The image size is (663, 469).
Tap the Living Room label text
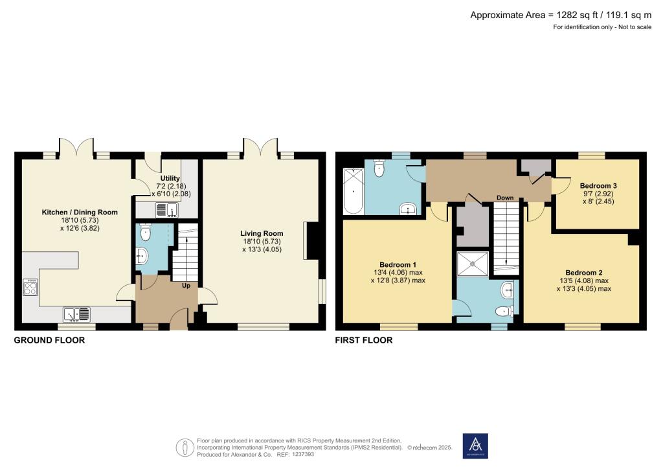[x=262, y=233]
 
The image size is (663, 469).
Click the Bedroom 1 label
[x=398, y=264]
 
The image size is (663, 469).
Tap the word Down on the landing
[x=505, y=198]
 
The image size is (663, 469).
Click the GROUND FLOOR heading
[x=49, y=340]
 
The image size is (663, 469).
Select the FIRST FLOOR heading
[x=363, y=340]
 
